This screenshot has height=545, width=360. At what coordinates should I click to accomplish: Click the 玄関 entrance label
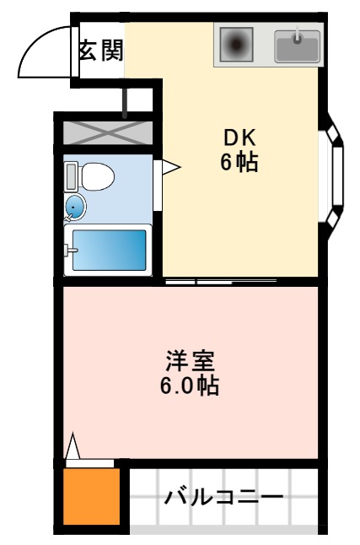click(100, 51)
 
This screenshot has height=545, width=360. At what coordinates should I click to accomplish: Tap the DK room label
click(239, 138)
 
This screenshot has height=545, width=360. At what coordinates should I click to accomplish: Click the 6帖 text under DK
click(239, 163)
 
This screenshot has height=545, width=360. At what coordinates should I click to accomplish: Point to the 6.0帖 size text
click(190, 386)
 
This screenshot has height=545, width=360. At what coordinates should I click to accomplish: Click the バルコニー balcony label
click(223, 496)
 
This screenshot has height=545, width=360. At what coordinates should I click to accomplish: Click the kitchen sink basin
click(298, 47)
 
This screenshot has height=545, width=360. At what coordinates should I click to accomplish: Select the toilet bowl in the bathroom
click(99, 176)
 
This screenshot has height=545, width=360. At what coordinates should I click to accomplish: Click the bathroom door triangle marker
click(169, 167)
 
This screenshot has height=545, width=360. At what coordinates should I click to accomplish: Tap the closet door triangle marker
click(73, 445)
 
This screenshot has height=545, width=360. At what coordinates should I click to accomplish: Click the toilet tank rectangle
click(72, 176)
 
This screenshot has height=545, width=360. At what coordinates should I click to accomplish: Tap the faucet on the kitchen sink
click(298, 36)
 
